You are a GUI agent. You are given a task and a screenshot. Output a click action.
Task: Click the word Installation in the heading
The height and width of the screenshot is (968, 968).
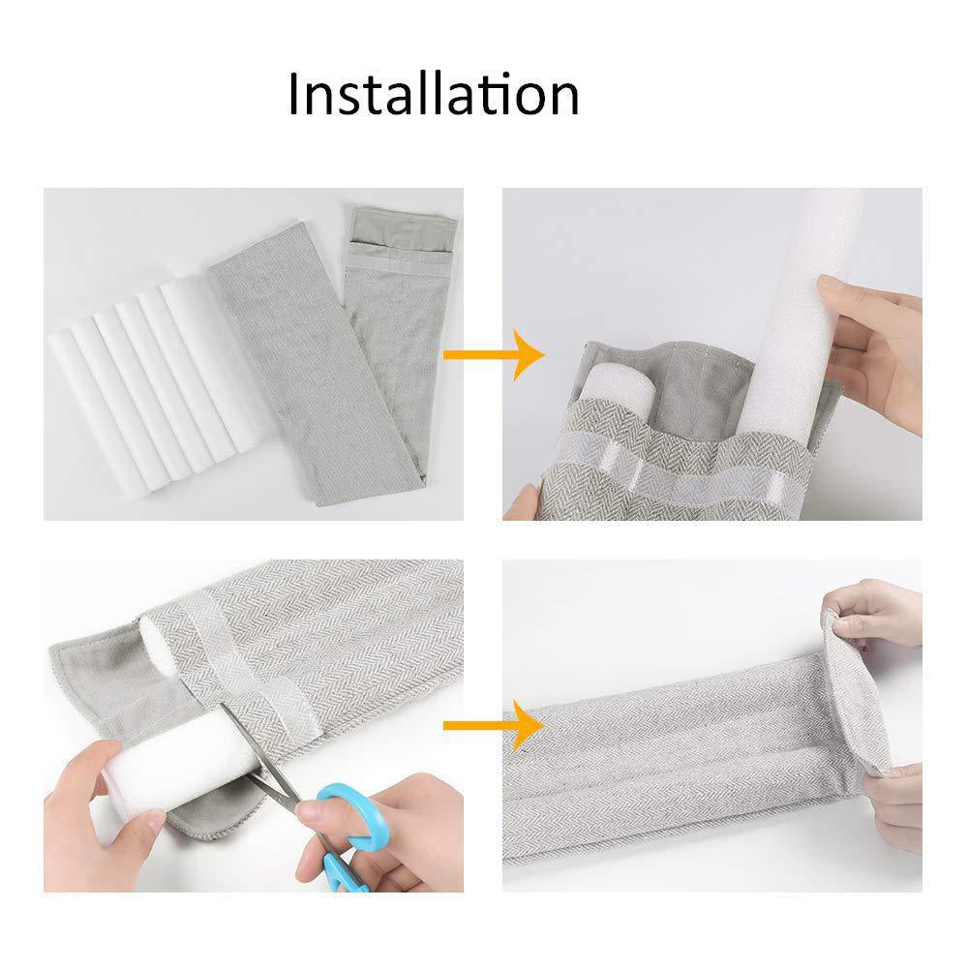(x=434, y=95)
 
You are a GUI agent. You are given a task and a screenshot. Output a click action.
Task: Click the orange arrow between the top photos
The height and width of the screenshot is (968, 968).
(x=494, y=354)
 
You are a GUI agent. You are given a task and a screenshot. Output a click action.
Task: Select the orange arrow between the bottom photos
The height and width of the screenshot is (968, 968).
(x=494, y=725)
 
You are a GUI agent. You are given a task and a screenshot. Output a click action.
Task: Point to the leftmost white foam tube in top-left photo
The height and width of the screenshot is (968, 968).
(x=94, y=410)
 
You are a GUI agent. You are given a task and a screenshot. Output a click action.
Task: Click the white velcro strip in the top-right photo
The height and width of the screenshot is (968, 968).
(x=673, y=470)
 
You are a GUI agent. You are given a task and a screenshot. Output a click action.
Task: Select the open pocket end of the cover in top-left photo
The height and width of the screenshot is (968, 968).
(x=403, y=233)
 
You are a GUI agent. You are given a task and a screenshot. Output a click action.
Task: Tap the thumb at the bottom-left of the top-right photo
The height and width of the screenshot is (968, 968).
(x=522, y=501)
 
